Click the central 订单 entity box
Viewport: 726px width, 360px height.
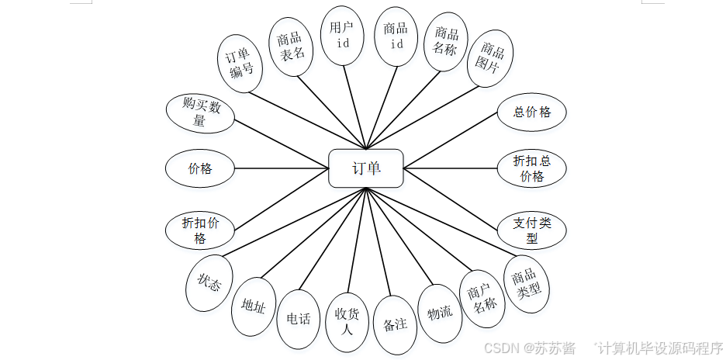pyautogui.click(x=366, y=168)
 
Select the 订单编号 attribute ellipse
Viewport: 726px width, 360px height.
pyautogui.click(x=238, y=64)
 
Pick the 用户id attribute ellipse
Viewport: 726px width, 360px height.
pyautogui.click(x=343, y=36)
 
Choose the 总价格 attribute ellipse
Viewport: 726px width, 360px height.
pyautogui.click(x=532, y=112)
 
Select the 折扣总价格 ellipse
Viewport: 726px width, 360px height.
pyautogui.click(x=532, y=168)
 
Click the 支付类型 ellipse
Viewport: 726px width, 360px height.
pyautogui.click(x=532, y=230)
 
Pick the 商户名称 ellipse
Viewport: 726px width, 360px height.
pyautogui.click(x=482, y=299)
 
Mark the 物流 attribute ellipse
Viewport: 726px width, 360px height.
pyautogui.click(x=440, y=313)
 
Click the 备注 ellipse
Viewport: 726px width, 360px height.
pyautogui.click(x=396, y=324)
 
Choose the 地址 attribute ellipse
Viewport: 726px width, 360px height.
pyautogui.click(x=254, y=306)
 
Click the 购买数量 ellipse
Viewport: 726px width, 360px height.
pyautogui.click(x=201, y=113)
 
